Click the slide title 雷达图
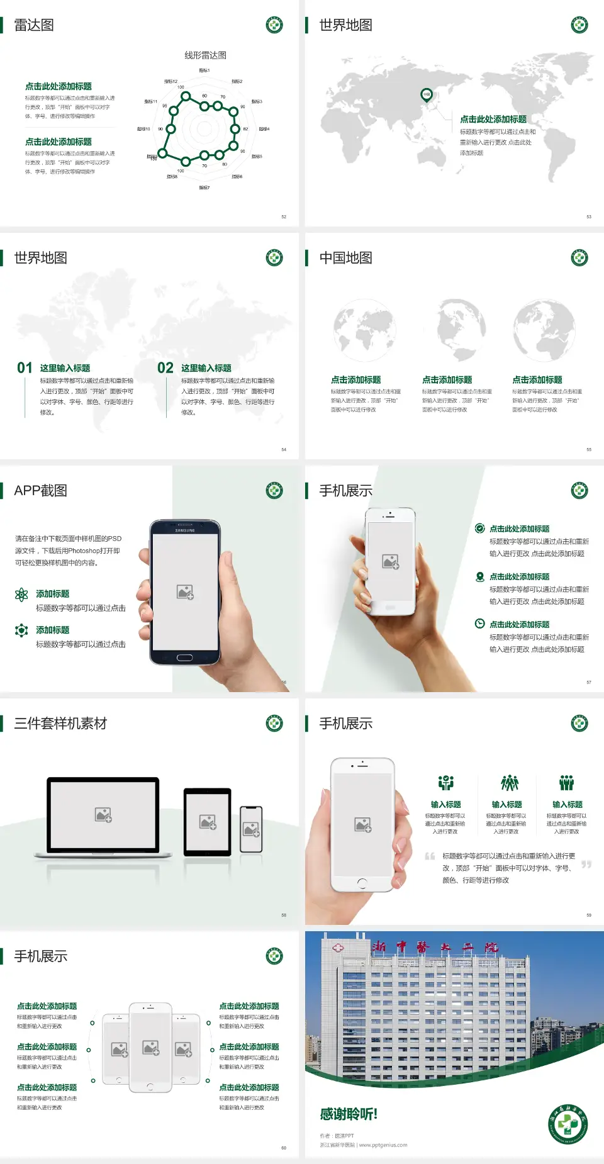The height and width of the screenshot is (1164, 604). pos(34,25)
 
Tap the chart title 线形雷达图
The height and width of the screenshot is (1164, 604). pos(205,55)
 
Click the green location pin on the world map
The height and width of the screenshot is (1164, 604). pos(427,95)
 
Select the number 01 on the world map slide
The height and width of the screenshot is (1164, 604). pos(25,368)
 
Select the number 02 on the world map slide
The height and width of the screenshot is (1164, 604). pos(165,368)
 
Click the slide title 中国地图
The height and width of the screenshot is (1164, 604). pos(345,258)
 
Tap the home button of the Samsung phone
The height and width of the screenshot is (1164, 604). pos(184,658)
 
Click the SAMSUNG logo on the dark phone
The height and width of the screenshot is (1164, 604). pos(185,530)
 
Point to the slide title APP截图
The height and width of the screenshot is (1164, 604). pos(40,491)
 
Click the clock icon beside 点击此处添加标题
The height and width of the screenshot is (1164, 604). pos(479,624)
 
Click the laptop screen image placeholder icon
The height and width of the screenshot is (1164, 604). pos(103,815)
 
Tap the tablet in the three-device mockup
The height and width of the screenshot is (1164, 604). pos(208,822)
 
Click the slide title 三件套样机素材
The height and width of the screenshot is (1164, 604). pos(60,724)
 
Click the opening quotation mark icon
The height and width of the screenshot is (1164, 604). pos(430,856)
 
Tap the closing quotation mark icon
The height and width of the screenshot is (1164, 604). pos(586,865)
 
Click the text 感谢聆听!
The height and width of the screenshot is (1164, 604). pos(349,1114)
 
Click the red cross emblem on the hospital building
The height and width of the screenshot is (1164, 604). pos(338,947)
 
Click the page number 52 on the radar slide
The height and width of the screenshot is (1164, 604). pos(284,216)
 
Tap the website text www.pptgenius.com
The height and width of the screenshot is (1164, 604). pos(383,1145)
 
